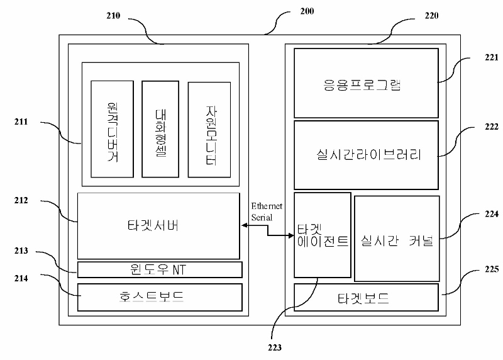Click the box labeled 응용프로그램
[x=365, y=83]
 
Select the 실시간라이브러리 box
[x=366, y=155]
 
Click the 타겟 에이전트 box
[x=322, y=234]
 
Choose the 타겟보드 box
[x=365, y=297]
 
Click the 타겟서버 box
[x=158, y=225]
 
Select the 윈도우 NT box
[x=160, y=269]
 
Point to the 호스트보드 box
[x=160, y=297]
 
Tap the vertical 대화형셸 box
[x=160, y=129]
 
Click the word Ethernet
[x=267, y=206]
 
